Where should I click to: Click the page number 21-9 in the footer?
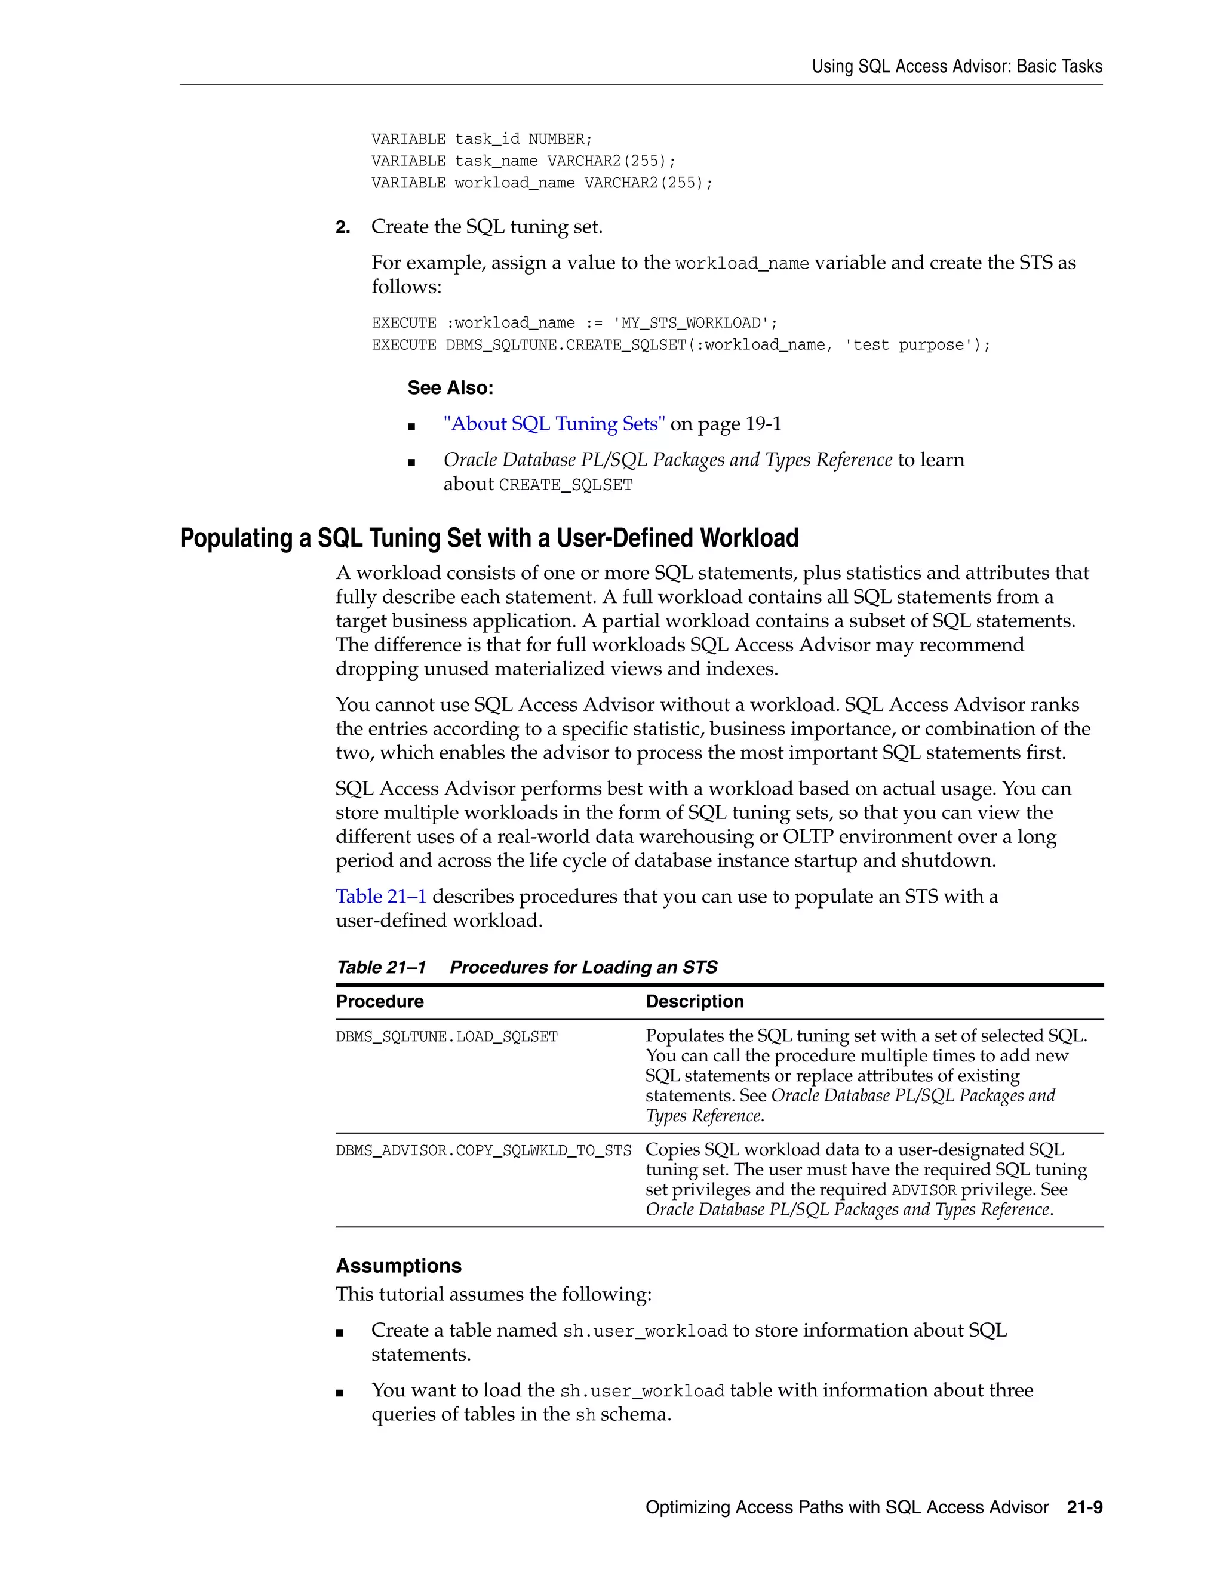[1084, 1507]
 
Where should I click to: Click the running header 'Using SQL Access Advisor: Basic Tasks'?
[957, 67]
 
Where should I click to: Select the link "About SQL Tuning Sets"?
[554, 424]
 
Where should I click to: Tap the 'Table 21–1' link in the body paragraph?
[381, 897]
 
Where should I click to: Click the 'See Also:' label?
[450, 388]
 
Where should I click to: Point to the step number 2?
[342, 227]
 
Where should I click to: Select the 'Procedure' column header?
[380, 1002]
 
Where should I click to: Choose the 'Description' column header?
[694, 1002]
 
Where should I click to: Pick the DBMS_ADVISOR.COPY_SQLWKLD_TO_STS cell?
[483, 1151]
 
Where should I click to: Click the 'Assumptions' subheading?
[398, 1266]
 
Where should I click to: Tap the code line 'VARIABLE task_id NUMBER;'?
[482, 139]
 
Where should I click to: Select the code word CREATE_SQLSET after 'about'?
[566, 485]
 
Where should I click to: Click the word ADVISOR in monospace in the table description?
[924, 1191]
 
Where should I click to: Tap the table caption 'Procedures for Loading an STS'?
[583, 968]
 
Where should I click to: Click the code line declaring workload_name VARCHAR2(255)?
[542, 183]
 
